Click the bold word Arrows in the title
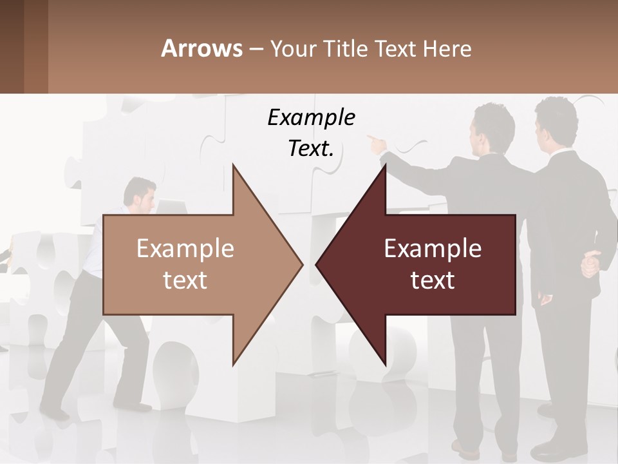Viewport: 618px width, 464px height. point(201,48)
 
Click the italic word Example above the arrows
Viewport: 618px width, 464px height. point(311,117)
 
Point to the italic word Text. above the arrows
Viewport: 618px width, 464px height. point(311,148)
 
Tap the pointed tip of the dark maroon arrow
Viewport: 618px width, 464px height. point(318,264)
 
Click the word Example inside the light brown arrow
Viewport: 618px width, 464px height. point(185,248)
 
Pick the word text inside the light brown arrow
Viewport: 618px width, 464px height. point(185,280)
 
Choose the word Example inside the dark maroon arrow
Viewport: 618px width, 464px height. point(433,248)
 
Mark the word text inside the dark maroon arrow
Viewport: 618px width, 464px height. point(433,280)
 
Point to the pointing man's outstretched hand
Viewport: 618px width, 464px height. point(374,140)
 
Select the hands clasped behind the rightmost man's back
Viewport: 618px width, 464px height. point(590,263)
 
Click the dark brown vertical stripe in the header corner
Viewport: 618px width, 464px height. point(12,46)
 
